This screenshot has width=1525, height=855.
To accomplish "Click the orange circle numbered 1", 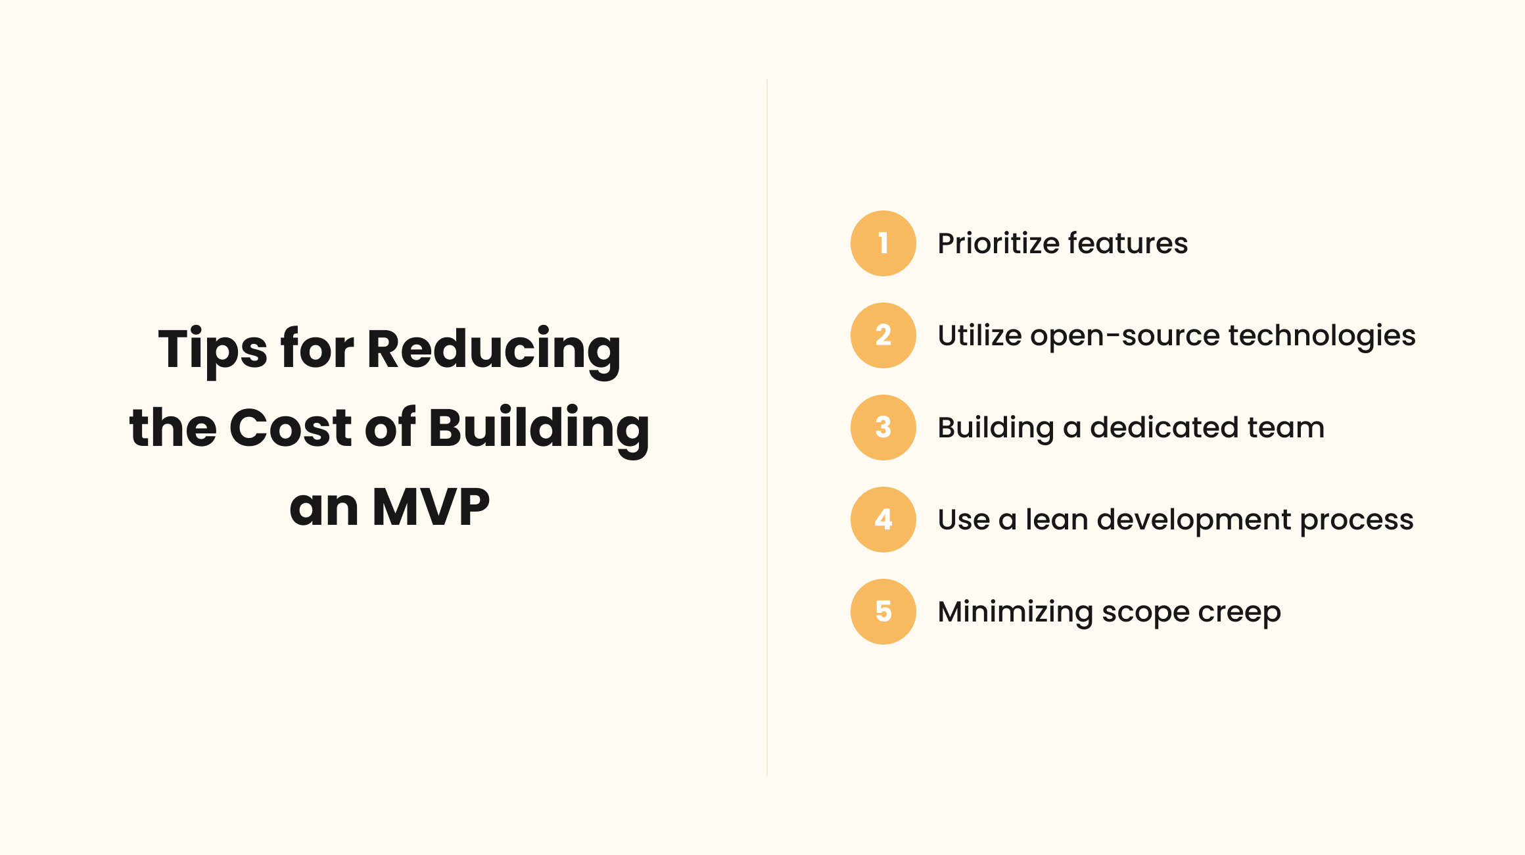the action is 883,243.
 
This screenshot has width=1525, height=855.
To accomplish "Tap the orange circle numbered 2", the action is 883,335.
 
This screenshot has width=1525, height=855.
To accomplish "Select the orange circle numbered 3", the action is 883,427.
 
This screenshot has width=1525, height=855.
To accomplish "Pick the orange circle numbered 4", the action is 883,520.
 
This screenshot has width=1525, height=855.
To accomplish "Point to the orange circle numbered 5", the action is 883,612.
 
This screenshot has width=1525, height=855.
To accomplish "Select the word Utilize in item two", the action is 979,335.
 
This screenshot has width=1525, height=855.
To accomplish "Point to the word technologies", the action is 1322,337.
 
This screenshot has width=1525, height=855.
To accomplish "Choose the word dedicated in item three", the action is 1165,427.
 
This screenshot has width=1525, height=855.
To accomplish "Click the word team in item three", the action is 1286,428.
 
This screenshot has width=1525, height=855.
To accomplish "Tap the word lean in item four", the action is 1057,520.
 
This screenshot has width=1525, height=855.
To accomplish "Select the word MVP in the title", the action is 431,507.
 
